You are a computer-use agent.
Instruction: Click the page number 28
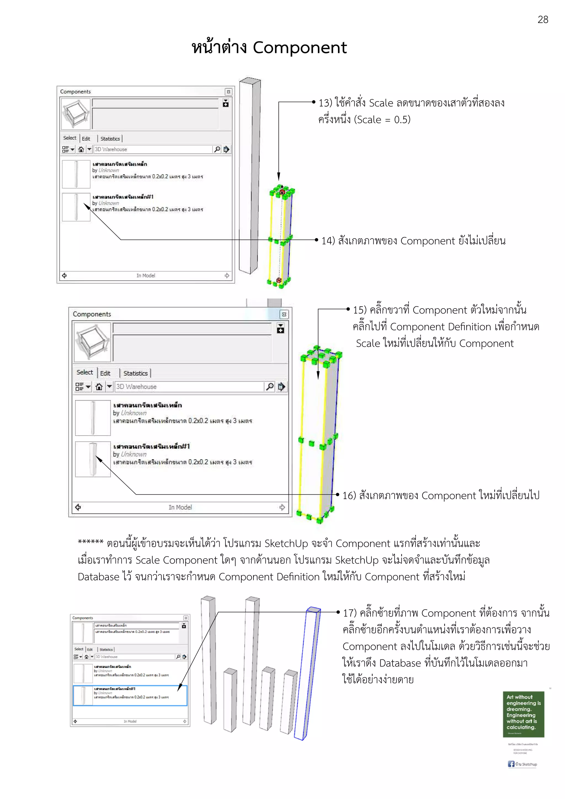[542, 20]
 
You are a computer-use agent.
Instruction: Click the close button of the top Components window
[228, 92]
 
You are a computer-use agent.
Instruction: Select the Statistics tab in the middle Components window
[135, 373]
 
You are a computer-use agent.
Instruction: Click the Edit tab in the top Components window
[86, 138]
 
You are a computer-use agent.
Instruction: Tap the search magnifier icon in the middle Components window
[270, 387]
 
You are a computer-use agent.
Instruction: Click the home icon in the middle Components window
[99, 387]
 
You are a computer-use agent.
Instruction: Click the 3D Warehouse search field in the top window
[153, 149]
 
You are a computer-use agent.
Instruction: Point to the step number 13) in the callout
[325, 103]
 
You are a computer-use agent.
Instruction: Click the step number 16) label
[349, 495]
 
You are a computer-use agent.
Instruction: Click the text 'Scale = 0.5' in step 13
[382, 120]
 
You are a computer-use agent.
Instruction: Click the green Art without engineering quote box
[523, 714]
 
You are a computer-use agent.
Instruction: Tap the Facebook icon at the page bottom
[511, 763]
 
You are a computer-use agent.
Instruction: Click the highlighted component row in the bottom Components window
[130, 695]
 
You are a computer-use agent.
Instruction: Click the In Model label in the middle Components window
[180, 507]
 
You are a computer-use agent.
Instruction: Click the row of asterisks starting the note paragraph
[90, 542]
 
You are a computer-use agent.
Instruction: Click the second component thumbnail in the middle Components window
[93, 459]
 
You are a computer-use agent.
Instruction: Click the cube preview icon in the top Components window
[76, 114]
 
